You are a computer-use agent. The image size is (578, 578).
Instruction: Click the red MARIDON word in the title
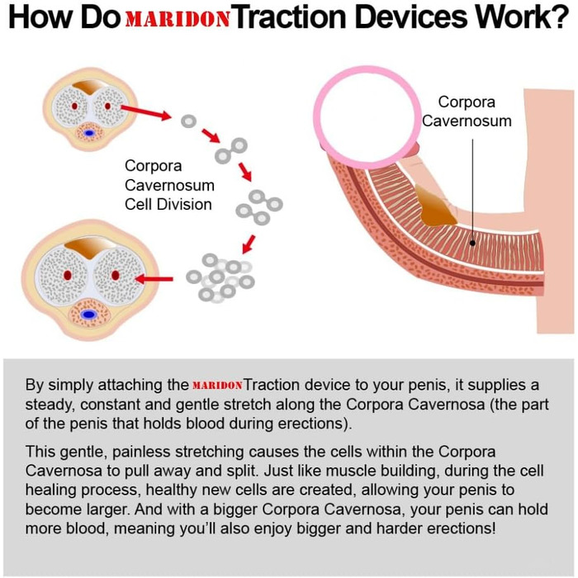[x=178, y=19]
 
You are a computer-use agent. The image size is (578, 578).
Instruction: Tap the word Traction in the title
[x=291, y=17]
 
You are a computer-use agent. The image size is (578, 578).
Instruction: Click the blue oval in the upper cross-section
[x=89, y=133]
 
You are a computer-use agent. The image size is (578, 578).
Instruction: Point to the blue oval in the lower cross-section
[x=89, y=315]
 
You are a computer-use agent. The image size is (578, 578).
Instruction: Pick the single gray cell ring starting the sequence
[x=189, y=121]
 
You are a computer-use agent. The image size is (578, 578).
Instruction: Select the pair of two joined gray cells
[x=231, y=151]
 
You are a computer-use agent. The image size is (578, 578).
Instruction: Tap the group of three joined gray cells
[x=259, y=207]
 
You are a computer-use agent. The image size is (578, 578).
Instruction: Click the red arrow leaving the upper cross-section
[x=146, y=111]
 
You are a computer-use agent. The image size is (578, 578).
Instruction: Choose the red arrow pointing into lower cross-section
[x=154, y=279]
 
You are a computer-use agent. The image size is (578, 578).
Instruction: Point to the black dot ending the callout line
[x=472, y=243]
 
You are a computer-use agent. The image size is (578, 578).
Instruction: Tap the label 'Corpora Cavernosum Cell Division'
[x=169, y=185]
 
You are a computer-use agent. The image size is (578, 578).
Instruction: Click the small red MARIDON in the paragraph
[x=217, y=386]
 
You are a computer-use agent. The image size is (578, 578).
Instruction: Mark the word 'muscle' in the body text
[x=351, y=471]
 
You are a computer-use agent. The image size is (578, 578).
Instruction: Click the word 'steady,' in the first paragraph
[x=50, y=405]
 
